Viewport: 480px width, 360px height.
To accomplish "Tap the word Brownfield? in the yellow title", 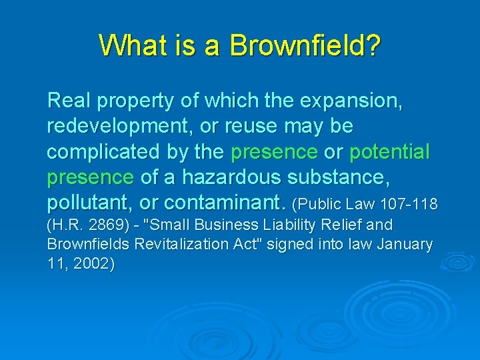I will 305,45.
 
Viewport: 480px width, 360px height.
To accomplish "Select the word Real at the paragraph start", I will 69,101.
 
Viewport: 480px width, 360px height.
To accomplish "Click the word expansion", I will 351,101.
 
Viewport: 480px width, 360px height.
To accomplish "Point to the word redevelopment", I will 121,127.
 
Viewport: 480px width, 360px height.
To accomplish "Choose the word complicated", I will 101,152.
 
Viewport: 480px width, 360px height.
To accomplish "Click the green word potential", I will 390,152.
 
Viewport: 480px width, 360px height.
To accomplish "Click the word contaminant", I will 225,202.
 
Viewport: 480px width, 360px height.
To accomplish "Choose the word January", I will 405,245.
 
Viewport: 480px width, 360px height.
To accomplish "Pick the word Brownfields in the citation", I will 89,245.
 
